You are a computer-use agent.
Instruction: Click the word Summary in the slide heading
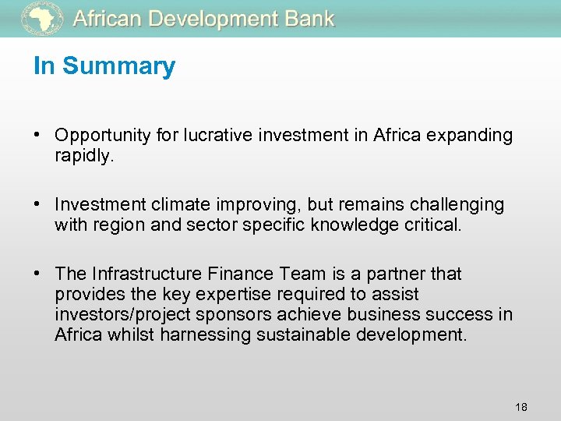click(x=119, y=66)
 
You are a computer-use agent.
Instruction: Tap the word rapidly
click(x=83, y=156)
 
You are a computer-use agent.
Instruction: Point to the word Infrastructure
click(x=149, y=274)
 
